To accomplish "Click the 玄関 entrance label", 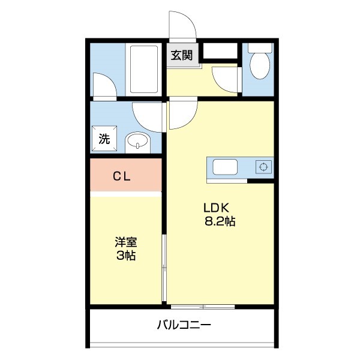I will pyautogui.click(x=182, y=56).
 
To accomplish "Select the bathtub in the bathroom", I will pyautogui.click(x=144, y=70).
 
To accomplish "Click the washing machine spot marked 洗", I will pyautogui.click(x=104, y=140).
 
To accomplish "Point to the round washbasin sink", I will pyautogui.click(x=137, y=143).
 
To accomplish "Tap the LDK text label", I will pyautogui.click(x=217, y=208).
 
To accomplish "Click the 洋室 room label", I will pyautogui.click(x=126, y=243).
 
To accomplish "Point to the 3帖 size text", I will pyautogui.click(x=126, y=256).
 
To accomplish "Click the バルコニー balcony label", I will pyautogui.click(x=184, y=326).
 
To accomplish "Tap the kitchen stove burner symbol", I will pyautogui.click(x=262, y=167).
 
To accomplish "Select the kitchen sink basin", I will pyautogui.click(x=226, y=167).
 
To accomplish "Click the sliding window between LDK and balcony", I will pyautogui.click(x=202, y=307).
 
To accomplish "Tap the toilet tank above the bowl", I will pyautogui.click(x=260, y=47).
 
